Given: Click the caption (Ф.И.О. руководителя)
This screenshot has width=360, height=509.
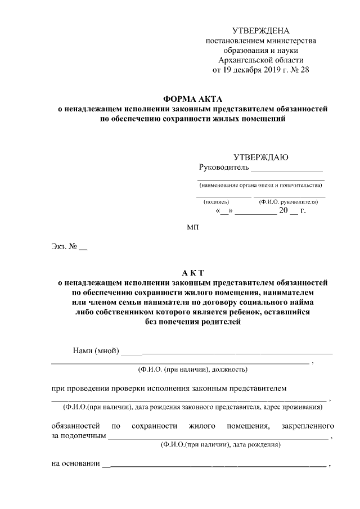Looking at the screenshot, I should point(289,201).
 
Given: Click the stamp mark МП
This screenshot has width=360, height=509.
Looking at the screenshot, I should point(192,227).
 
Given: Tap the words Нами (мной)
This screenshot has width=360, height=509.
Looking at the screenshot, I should point(96,351).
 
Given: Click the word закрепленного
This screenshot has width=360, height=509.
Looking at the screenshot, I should point(309,426).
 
